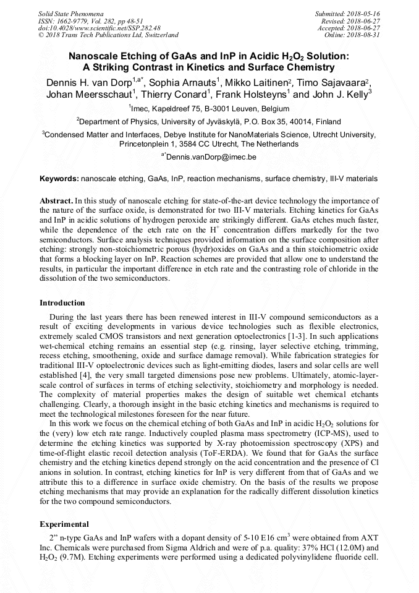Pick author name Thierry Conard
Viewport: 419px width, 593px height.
(x=180, y=95)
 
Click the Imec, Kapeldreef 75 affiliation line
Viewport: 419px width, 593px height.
(x=209, y=108)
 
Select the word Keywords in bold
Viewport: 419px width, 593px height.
(x=59, y=179)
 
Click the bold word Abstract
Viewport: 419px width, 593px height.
(x=56, y=201)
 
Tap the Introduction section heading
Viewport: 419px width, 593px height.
(x=62, y=303)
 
